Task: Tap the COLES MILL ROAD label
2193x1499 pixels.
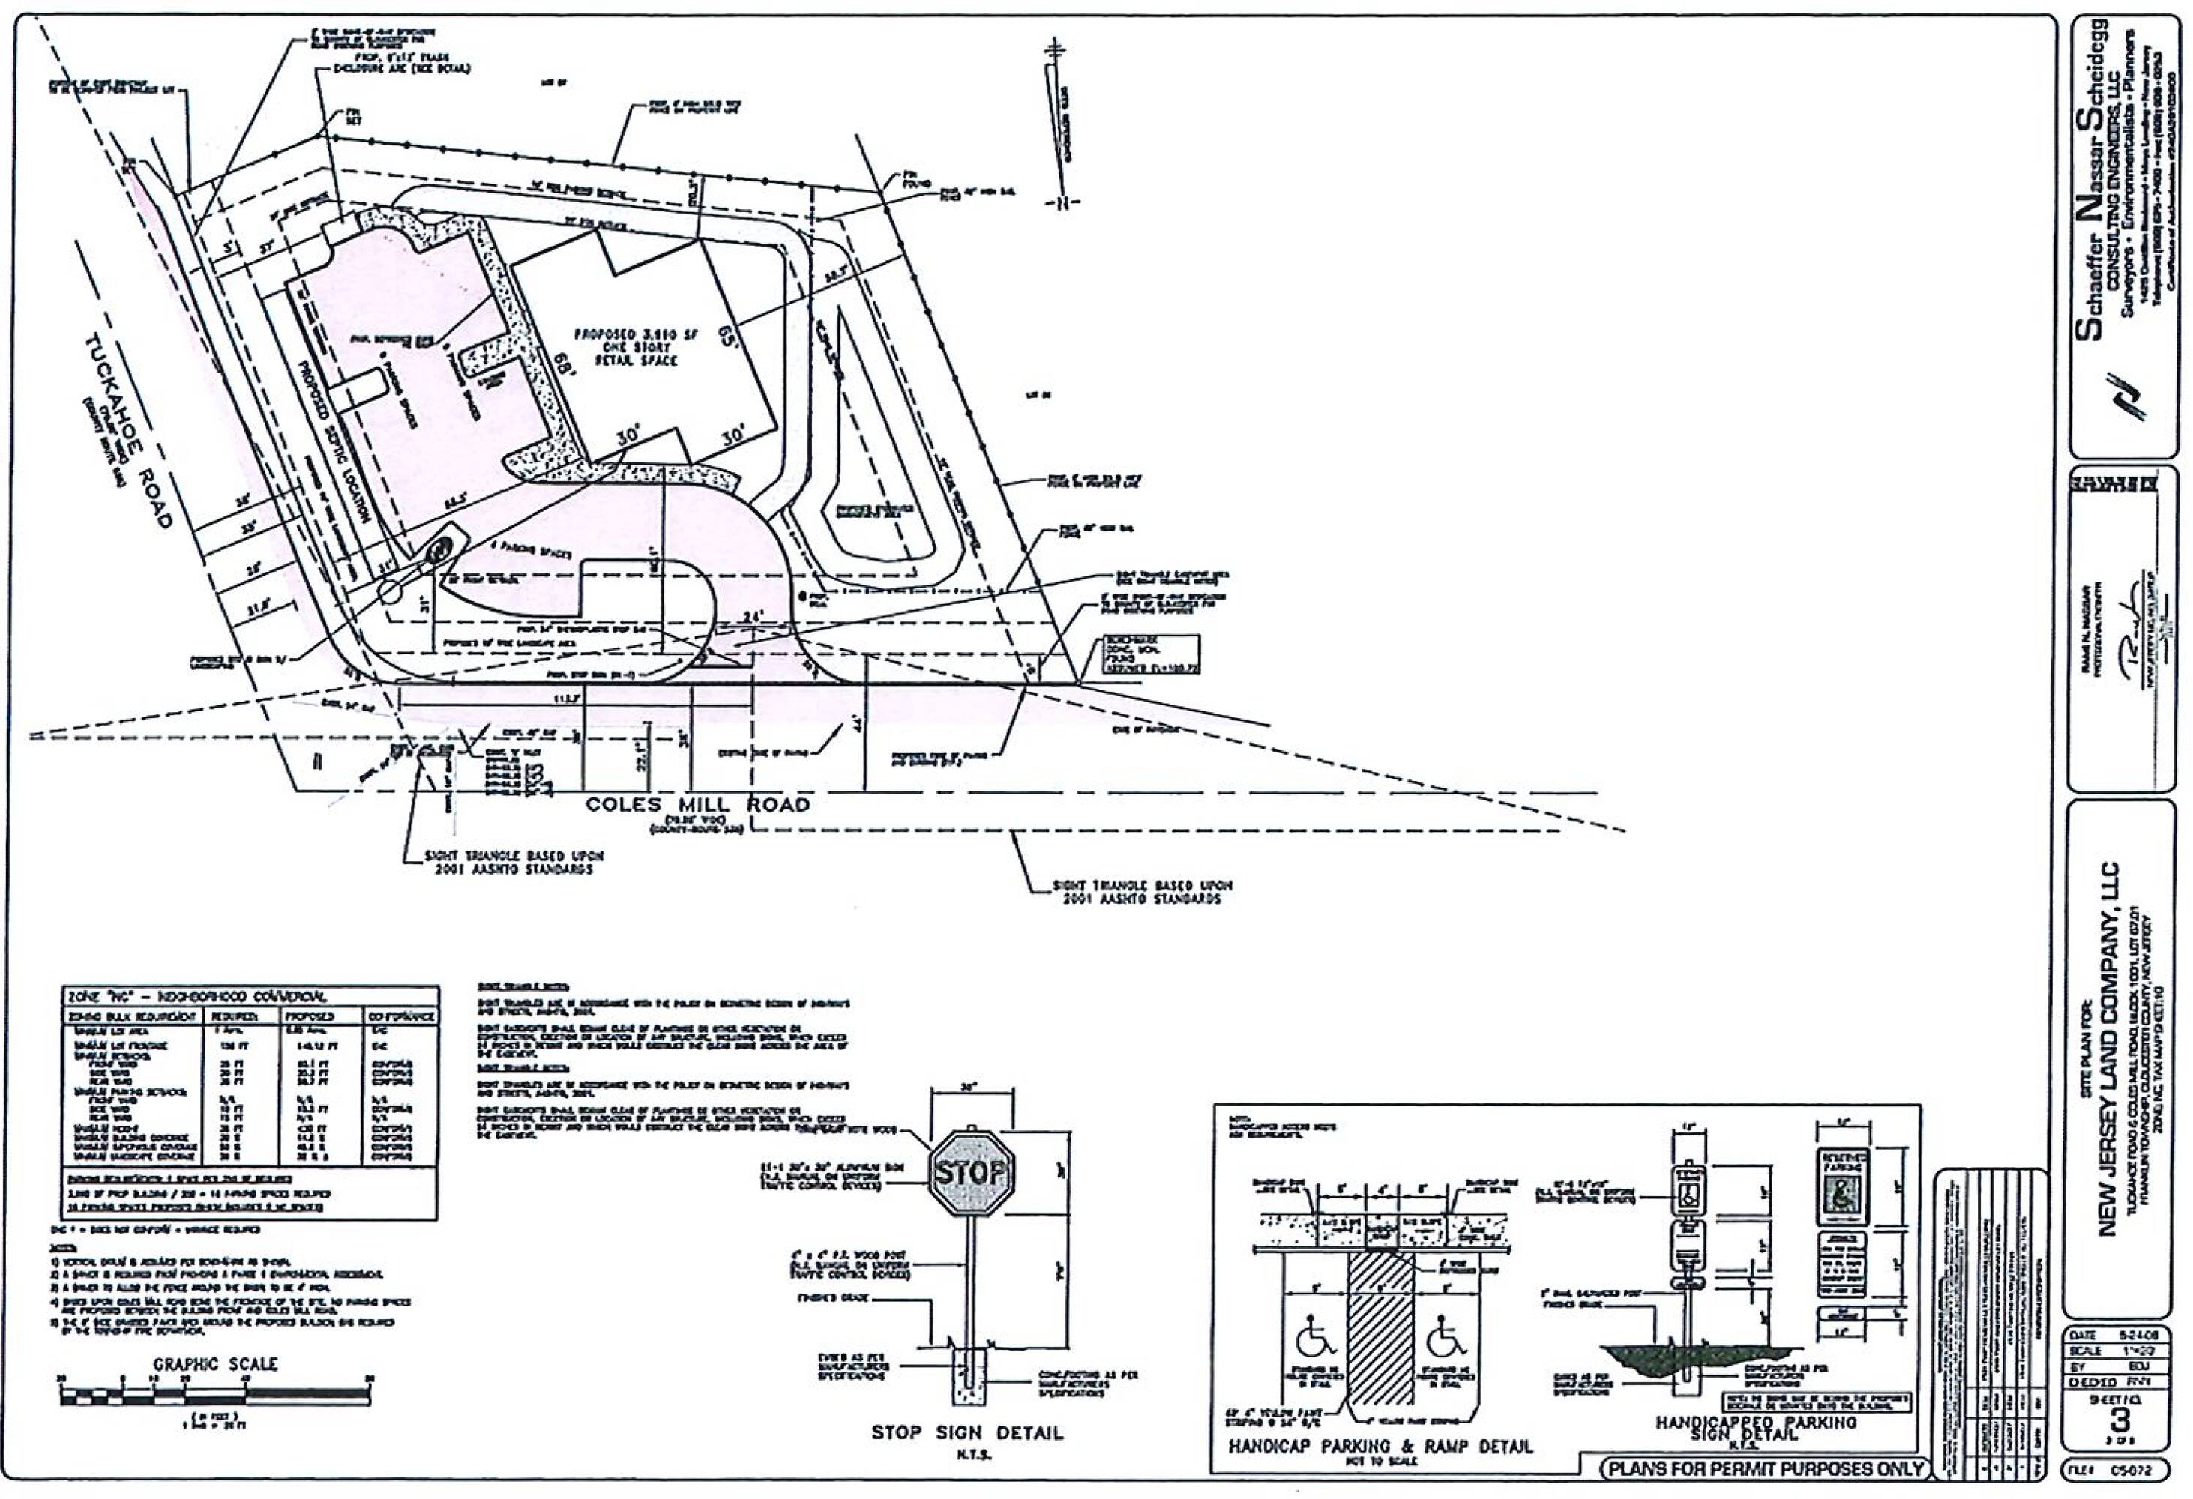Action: pos(697,805)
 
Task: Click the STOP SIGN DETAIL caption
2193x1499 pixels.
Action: pos(967,1432)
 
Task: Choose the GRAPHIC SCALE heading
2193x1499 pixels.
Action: pos(216,1364)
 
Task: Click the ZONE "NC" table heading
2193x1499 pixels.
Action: pos(198,996)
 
